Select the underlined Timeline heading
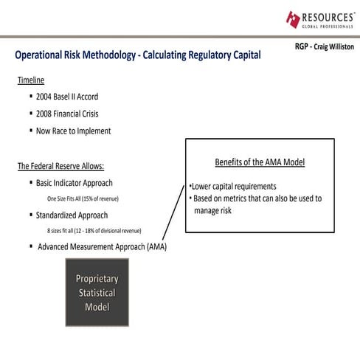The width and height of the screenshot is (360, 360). [31, 80]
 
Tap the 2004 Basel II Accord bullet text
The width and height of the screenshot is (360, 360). [66, 97]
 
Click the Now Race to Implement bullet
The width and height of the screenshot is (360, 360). [73, 131]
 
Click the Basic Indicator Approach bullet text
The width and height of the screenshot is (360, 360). [74, 182]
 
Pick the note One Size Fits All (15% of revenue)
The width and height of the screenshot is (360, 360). [83, 199]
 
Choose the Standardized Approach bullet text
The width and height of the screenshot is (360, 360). [72, 215]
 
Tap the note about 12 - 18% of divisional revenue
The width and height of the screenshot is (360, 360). [94, 231]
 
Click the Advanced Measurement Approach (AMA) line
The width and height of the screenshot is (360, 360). [102, 246]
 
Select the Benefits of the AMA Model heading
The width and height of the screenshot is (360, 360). [259, 162]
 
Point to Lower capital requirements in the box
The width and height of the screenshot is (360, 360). [233, 186]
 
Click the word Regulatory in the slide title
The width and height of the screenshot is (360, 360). [196, 55]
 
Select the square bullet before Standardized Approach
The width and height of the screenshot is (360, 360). [30, 215]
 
